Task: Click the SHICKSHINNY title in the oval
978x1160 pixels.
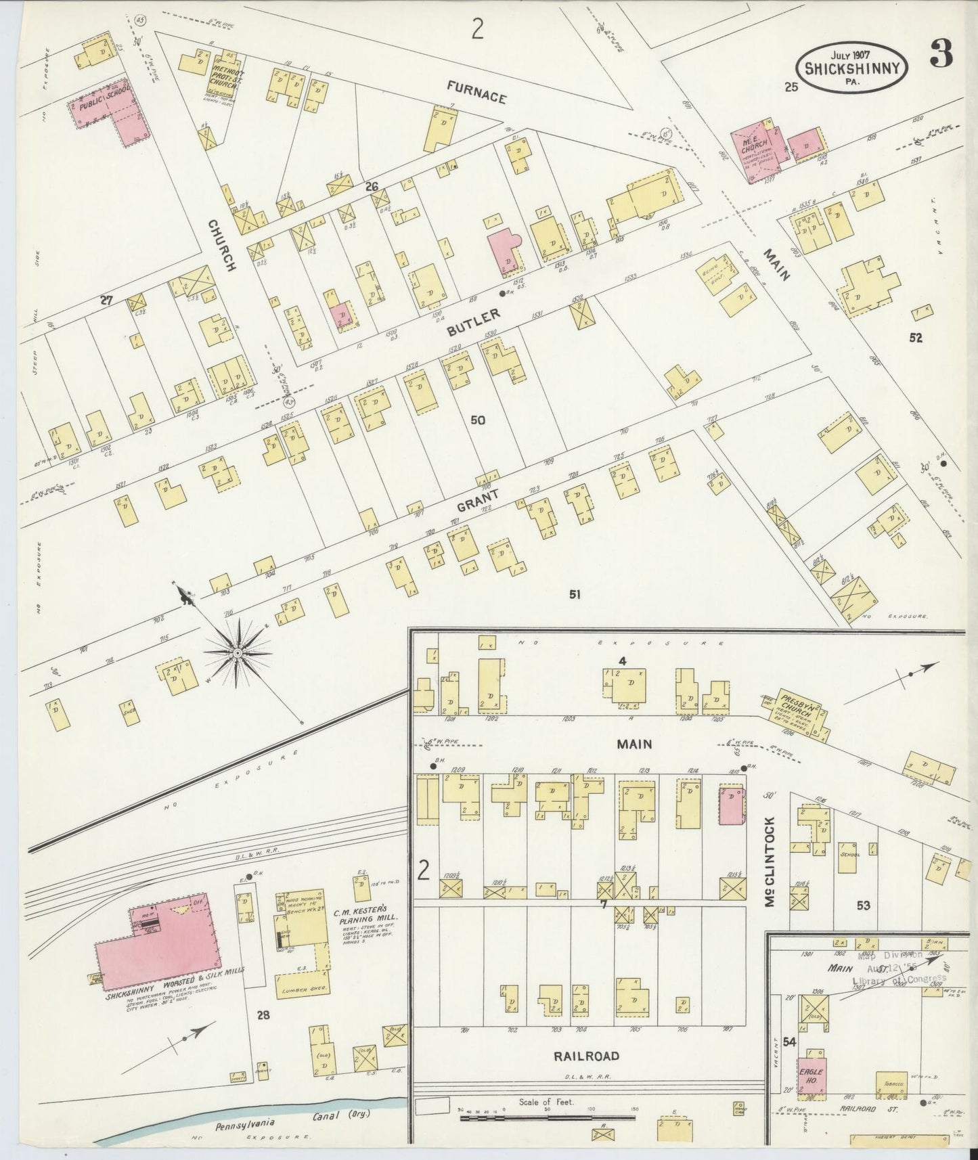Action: point(851,67)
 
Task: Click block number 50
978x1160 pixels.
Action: point(478,420)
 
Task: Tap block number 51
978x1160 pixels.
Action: point(575,594)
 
